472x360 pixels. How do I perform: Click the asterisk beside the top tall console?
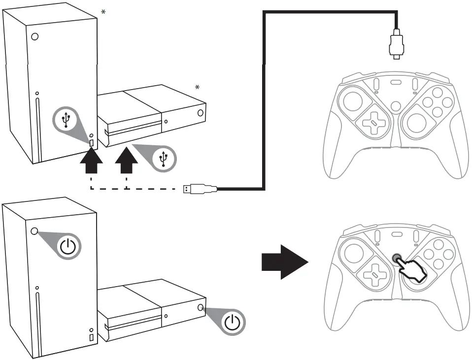tap(102, 11)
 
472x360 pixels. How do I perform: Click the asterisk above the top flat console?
tap(198, 88)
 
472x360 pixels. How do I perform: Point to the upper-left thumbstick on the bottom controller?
tap(352, 252)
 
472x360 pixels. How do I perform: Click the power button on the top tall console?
tap(34, 36)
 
